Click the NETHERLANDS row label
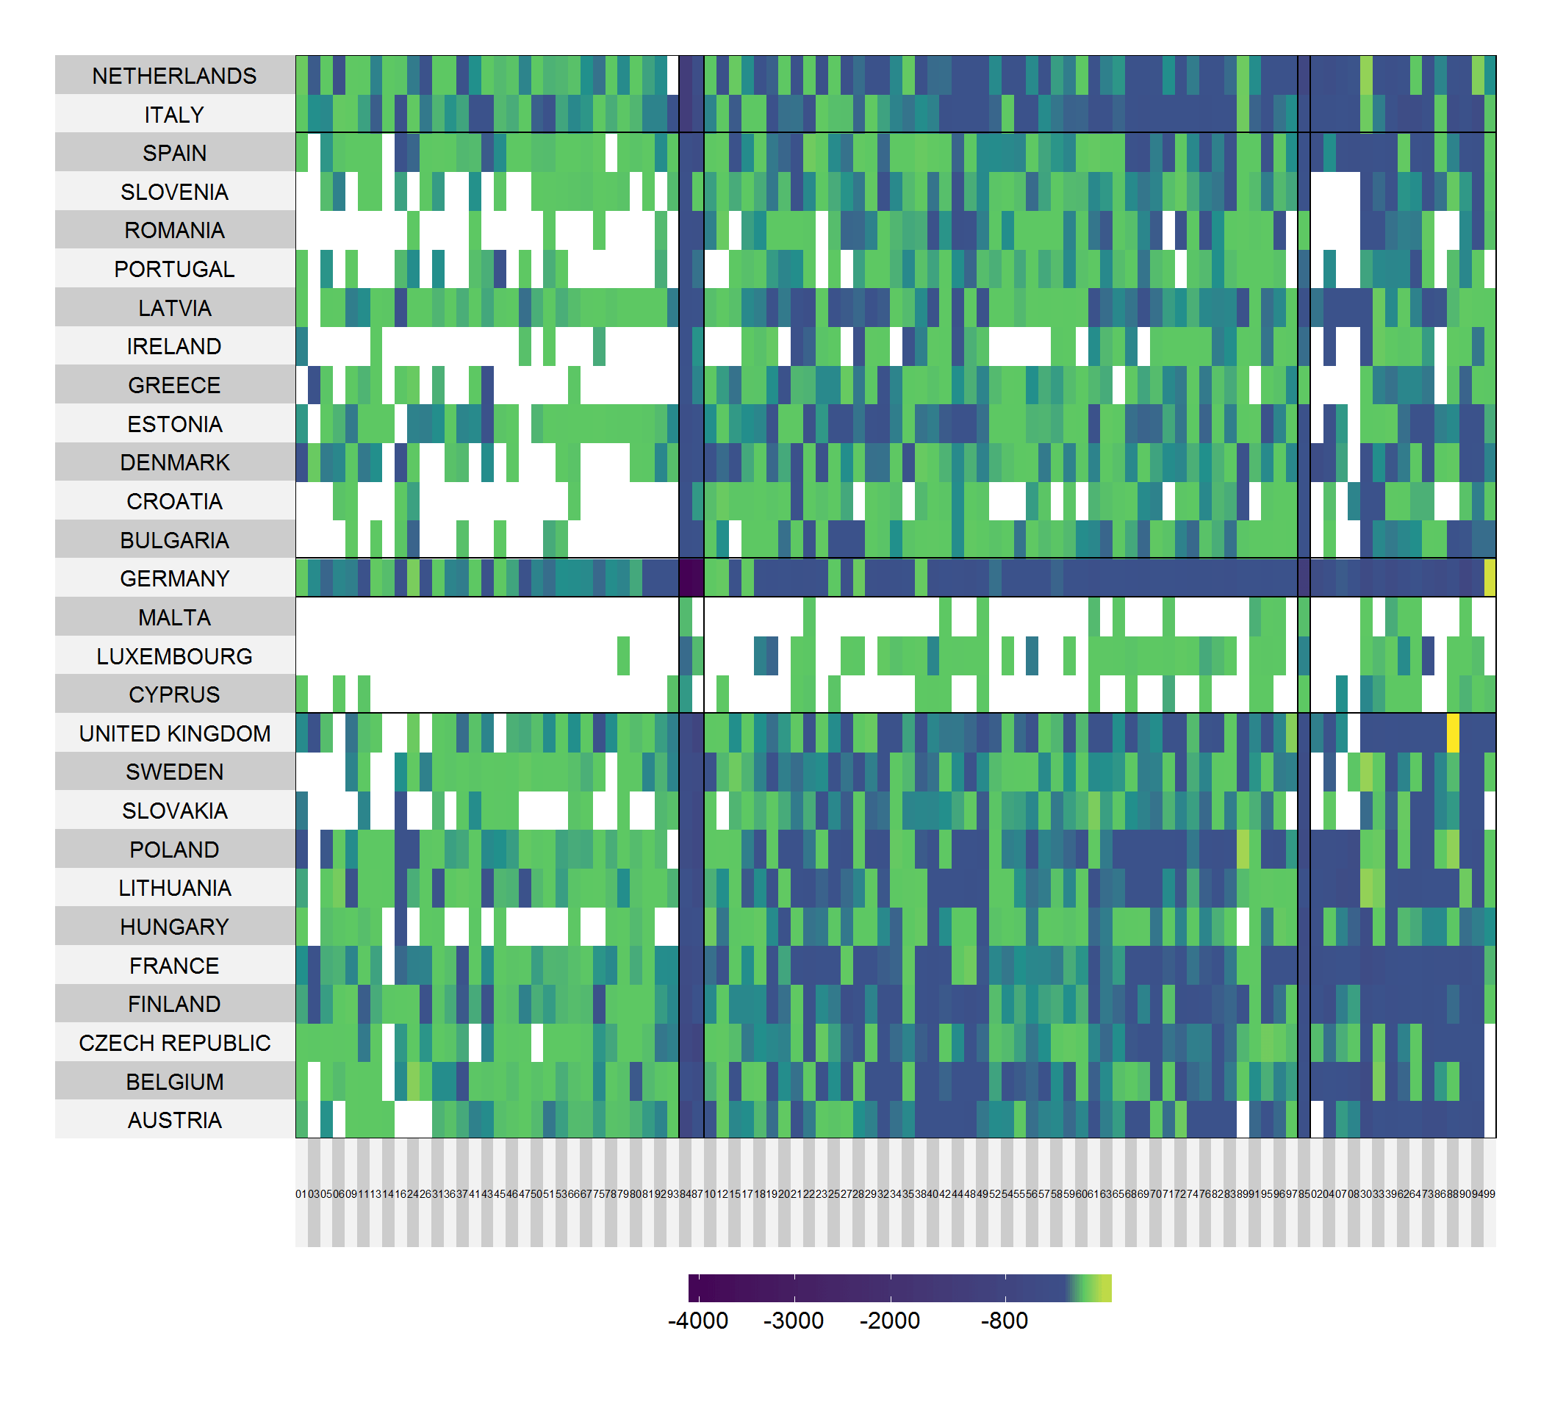click(x=174, y=76)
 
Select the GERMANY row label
click(x=174, y=578)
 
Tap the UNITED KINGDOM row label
click(x=174, y=733)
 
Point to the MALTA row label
click(x=174, y=617)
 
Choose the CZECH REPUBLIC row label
click(x=174, y=1042)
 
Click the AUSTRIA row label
click(x=174, y=1119)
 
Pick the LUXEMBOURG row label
click(x=174, y=656)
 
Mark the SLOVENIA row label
click(x=174, y=192)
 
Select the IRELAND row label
click(x=174, y=346)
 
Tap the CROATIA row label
click(x=174, y=501)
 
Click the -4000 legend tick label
click(x=697, y=1320)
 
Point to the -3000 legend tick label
click(x=793, y=1320)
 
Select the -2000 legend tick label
click(x=889, y=1320)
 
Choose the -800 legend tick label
click(x=1004, y=1320)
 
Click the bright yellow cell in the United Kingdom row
click(x=1452, y=733)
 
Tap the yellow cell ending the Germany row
click(x=1489, y=578)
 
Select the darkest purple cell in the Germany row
click(x=691, y=578)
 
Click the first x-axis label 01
click(x=301, y=1194)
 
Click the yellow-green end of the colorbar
click(x=1105, y=1288)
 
